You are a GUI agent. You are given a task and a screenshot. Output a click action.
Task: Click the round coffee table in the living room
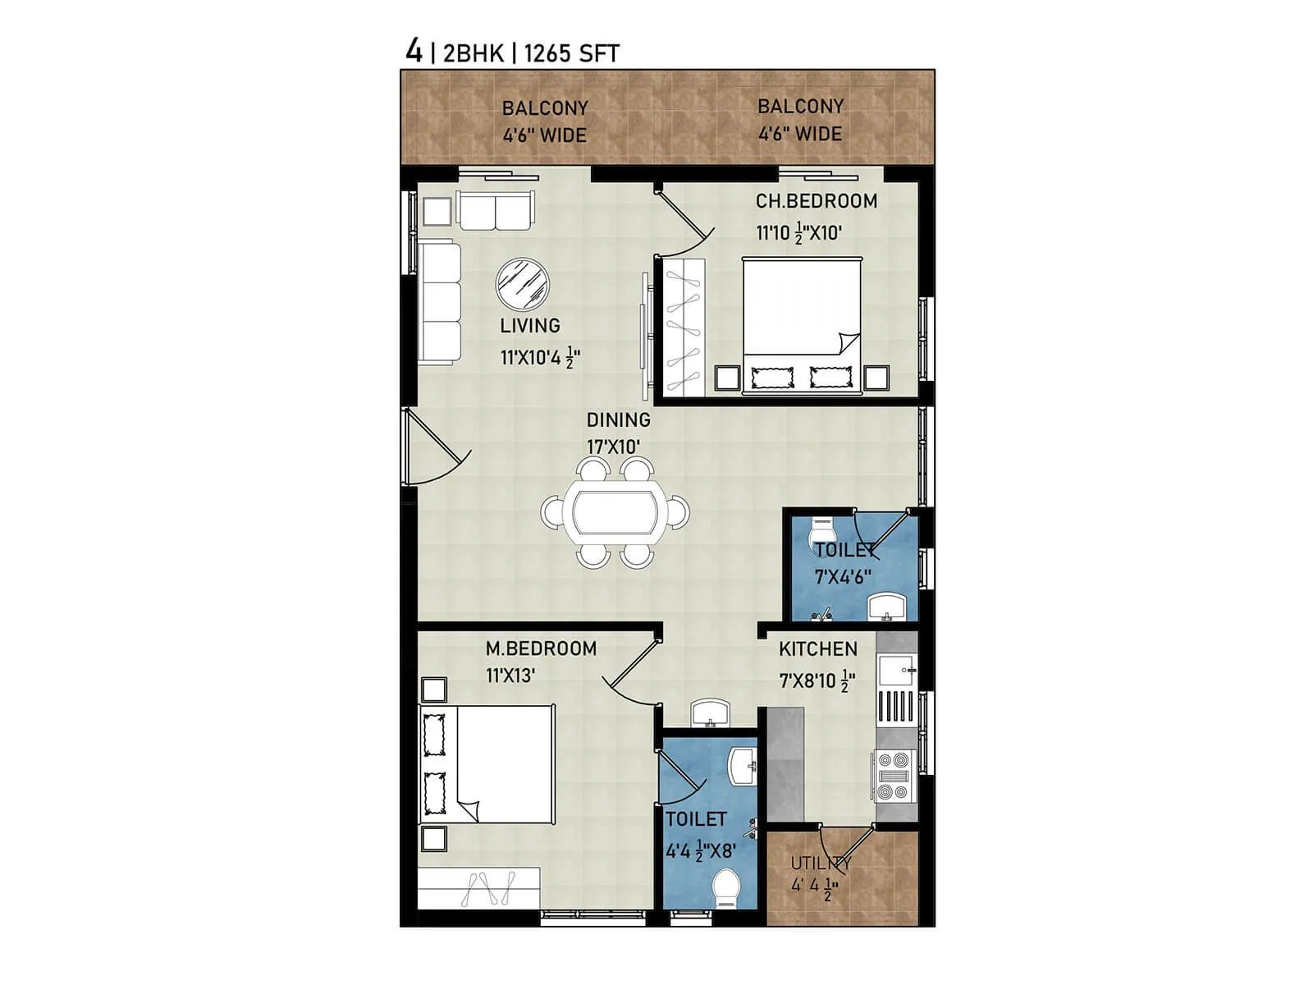[x=523, y=284]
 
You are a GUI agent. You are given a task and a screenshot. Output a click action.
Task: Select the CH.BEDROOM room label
[x=816, y=201]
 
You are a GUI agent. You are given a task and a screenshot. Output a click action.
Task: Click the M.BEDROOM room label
[x=541, y=648]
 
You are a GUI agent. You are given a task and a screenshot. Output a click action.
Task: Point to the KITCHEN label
[x=817, y=649]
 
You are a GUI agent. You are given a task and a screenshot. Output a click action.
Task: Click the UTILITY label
[x=820, y=864]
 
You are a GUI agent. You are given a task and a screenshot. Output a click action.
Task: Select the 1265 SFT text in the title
[x=571, y=54]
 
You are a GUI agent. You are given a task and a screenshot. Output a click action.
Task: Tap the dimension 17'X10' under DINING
[x=613, y=447]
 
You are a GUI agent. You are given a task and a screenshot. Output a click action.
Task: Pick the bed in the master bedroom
[x=488, y=763]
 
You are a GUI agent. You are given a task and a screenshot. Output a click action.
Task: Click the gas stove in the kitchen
[x=893, y=776]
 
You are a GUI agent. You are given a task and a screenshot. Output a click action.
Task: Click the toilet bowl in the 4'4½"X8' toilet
[x=726, y=888]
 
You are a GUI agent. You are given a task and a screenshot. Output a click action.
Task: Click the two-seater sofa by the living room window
[x=496, y=211]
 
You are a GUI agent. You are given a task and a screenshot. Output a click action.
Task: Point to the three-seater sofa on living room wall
[x=439, y=302]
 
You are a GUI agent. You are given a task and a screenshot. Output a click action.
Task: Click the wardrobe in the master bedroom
[x=478, y=887]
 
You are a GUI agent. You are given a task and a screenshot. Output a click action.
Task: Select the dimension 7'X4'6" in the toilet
[x=843, y=577]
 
